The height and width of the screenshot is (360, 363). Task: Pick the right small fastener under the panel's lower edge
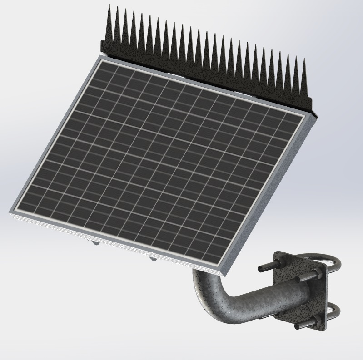tap(153, 260)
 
